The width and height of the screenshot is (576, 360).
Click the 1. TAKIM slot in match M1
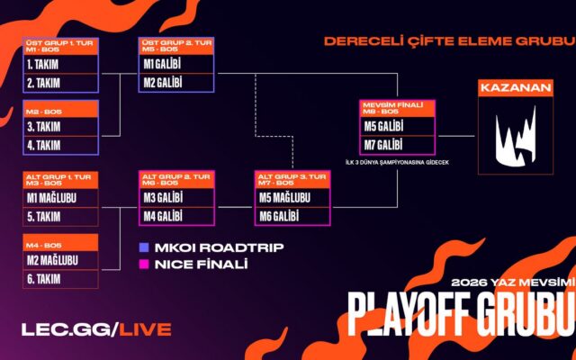tap(61, 65)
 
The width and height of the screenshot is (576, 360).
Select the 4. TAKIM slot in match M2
tap(61, 146)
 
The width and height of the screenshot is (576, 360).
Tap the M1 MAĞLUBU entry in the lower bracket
tap(61, 198)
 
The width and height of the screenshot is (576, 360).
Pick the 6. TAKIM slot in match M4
tap(61, 279)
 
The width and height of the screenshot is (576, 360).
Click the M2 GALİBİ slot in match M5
tap(176, 83)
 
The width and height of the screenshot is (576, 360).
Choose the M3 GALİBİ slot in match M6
tap(176, 198)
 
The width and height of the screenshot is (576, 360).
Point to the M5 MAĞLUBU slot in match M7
tap(292, 198)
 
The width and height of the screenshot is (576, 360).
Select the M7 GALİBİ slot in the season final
tap(398, 145)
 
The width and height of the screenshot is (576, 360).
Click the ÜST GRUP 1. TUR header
tap(61, 46)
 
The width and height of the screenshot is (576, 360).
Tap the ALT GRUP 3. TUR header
tap(292, 180)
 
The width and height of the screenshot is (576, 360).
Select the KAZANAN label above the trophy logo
tap(516, 88)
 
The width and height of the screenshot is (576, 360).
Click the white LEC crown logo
tap(516, 136)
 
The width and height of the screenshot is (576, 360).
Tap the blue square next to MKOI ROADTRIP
tap(144, 247)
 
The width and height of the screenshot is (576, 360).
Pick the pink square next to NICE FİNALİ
tap(144, 265)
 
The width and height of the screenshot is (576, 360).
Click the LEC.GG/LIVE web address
tap(96, 329)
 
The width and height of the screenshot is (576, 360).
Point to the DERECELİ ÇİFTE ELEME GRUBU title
tap(450, 41)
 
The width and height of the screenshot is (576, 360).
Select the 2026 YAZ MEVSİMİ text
tap(513, 283)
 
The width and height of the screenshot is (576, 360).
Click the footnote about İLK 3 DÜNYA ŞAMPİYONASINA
tap(397, 162)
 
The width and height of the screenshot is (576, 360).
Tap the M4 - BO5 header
tap(61, 243)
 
